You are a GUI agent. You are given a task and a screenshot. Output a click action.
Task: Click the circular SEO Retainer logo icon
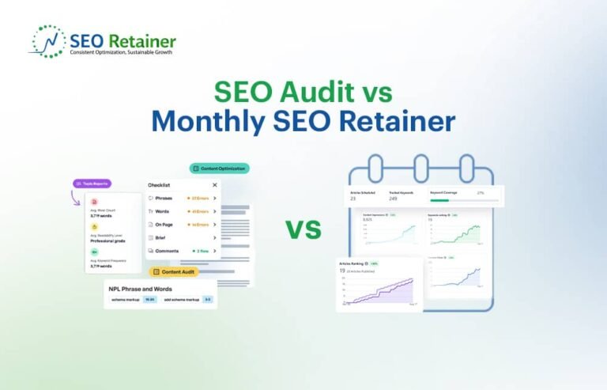click(x=46, y=42)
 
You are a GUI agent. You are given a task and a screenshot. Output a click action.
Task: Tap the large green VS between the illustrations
click(x=303, y=229)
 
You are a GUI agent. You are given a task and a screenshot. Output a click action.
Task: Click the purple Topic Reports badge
click(x=92, y=184)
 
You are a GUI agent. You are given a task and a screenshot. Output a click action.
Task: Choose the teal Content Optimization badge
click(x=219, y=168)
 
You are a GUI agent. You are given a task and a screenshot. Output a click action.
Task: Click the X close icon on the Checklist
click(x=214, y=185)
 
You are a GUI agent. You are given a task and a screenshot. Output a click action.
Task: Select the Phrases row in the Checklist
click(x=181, y=198)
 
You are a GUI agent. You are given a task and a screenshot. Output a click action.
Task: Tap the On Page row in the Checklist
click(x=181, y=224)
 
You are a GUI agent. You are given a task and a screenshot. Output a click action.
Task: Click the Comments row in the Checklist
click(x=181, y=251)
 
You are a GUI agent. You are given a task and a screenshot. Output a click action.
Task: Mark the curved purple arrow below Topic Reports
click(x=77, y=198)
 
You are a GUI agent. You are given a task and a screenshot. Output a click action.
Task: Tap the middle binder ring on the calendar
click(x=420, y=167)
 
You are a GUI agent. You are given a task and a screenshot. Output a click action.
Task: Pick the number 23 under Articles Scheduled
click(x=353, y=199)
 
